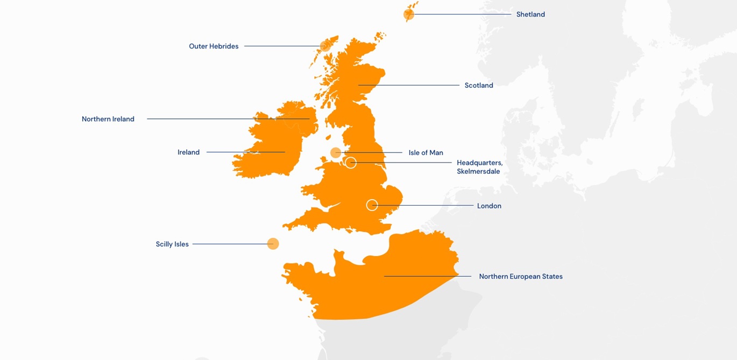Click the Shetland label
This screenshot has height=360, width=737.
pyautogui.click(x=530, y=15)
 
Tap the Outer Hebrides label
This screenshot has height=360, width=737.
pyautogui.click(x=214, y=46)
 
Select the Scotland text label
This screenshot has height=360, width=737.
pyautogui.click(x=479, y=85)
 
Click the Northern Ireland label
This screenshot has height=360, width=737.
pyautogui.click(x=108, y=119)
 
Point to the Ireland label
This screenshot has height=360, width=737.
pyautogui.click(x=188, y=152)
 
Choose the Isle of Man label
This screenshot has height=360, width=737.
pyautogui.click(x=426, y=153)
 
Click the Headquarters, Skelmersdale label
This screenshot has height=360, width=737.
pyautogui.click(x=479, y=167)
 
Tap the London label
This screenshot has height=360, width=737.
pyautogui.click(x=489, y=206)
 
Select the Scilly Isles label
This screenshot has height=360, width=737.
pyautogui.click(x=172, y=244)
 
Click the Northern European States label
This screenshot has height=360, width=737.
pyautogui.click(x=521, y=277)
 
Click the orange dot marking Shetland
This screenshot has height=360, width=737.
pyautogui.click(x=409, y=15)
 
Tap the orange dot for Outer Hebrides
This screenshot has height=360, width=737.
pyautogui.click(x=325, y=46)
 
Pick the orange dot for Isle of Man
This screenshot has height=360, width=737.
pyautogui.click(x=336, y=153)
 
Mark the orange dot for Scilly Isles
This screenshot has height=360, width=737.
pyautogui.click(x=273, y=244)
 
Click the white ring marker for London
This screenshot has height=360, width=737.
pyautogui.click(x=372, y=205)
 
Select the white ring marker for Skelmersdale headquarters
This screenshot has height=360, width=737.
pyautogui.click(x=351, y=163)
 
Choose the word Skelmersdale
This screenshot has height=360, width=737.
pyautogui.click(x=478, y=172)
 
